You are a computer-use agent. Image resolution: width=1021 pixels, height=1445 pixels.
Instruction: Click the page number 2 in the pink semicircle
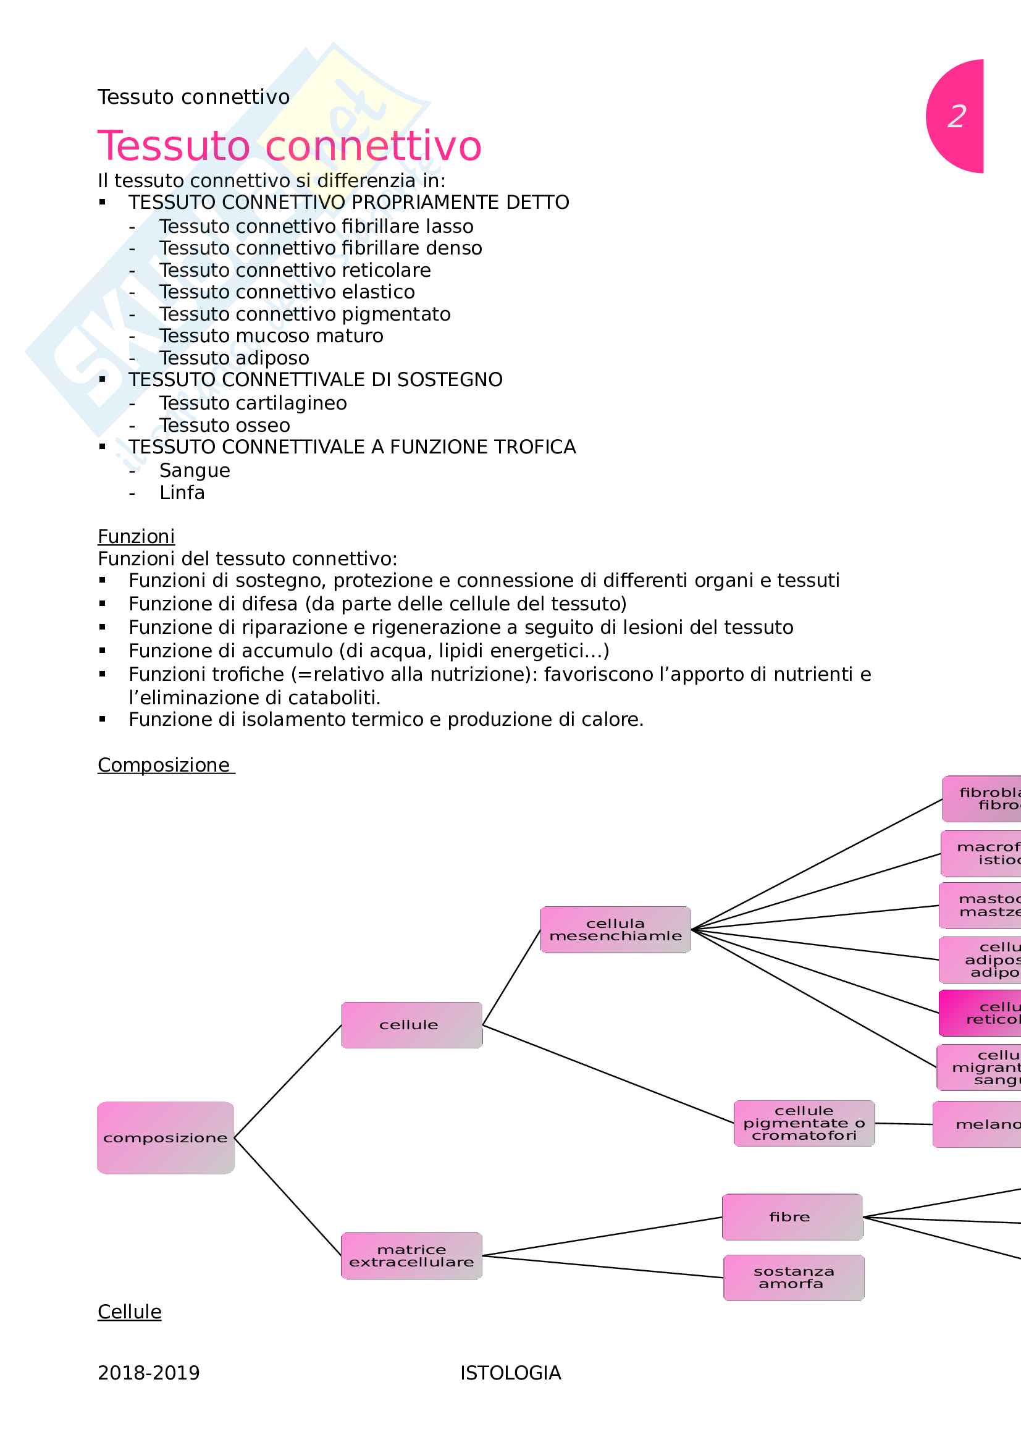coord(957,116)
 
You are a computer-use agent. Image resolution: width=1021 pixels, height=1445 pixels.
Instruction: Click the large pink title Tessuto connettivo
coord(290,146)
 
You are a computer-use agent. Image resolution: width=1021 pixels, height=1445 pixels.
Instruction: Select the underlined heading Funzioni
coord(136,536)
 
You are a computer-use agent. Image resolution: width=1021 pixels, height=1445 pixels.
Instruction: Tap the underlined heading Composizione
coord(164,765)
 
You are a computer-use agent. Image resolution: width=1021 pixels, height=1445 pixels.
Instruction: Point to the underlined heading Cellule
coord(130,1312)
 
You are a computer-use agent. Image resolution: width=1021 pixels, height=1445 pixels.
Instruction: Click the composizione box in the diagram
coord(166,1138)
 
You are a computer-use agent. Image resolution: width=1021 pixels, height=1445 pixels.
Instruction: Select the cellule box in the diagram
coord(411,1024)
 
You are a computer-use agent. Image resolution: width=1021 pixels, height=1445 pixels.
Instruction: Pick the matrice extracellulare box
coord(411,1255)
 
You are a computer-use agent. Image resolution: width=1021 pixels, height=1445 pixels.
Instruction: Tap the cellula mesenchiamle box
coord(615,930)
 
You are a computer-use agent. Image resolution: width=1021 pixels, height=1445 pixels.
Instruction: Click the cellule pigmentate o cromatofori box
coord(804,1123)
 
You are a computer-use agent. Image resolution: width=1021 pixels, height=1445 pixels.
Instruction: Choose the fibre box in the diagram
coord(792,1217)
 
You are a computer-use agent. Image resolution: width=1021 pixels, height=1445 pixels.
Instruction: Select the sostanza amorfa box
coord(793,1278)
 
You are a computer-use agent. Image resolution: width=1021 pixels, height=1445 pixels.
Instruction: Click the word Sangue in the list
coord(195,471)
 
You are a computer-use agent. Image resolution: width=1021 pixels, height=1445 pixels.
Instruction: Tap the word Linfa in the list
coord(182,493)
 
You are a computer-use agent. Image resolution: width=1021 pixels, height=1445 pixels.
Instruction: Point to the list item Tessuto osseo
coord(225,426)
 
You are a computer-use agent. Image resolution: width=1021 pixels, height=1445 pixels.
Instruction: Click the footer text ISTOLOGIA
coord(510,1373)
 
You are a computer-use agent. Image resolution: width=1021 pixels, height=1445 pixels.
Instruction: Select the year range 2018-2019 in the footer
coord(148,1373)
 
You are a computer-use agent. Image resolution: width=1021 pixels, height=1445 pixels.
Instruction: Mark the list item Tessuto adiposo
coord(234,358)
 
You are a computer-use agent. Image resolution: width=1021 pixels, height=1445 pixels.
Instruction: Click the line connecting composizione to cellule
coord(287,1082)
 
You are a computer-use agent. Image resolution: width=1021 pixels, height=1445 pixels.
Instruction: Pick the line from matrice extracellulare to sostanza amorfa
coord(603,1266)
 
